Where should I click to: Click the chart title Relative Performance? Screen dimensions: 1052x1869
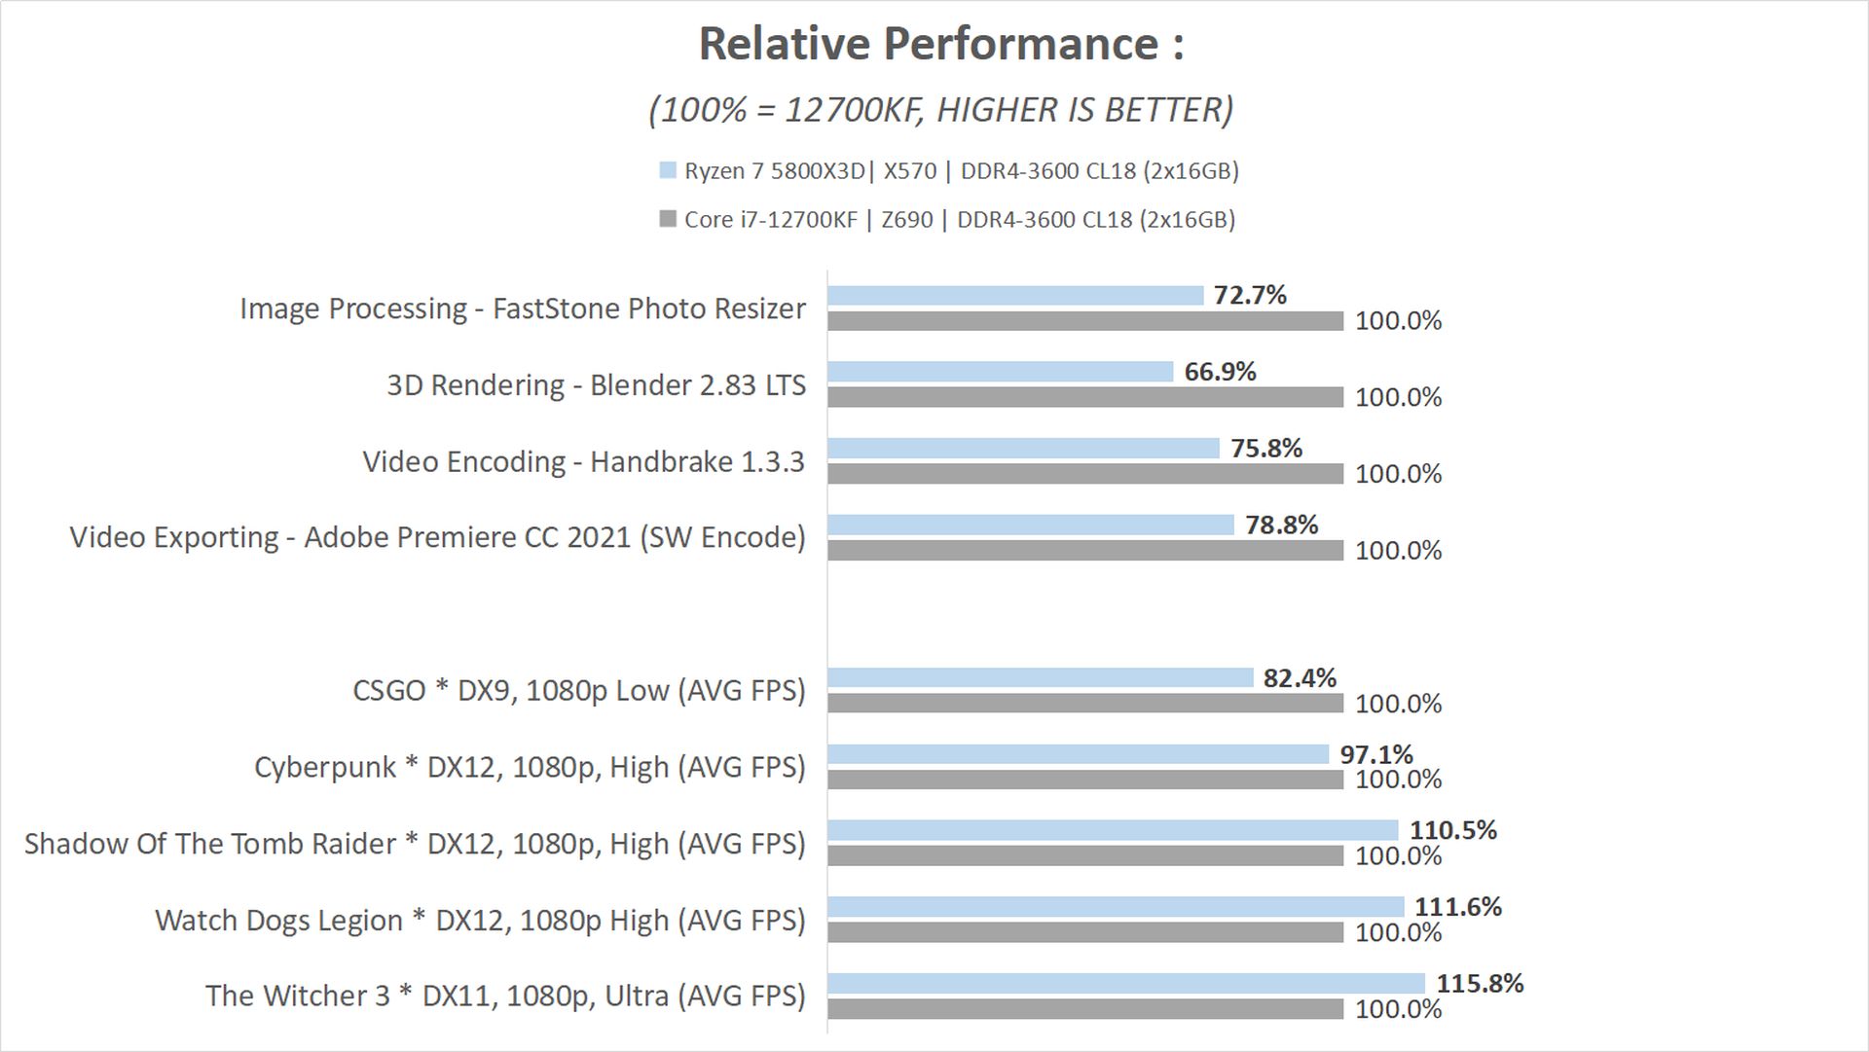tap(941, 45)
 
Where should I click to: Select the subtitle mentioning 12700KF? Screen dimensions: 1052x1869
tap(941, 110)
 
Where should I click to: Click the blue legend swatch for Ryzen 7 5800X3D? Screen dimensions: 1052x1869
tap(668, 170)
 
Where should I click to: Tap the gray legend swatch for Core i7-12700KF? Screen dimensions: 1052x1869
tap(668, 219)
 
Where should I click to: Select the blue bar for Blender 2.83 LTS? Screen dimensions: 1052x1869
tap(1001, 372)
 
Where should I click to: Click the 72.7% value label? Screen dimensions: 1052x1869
tap(1250, 295)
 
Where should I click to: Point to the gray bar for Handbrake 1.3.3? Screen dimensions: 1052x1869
tap(1085, 474)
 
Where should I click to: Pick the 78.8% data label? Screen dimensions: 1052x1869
tap(1281, 525)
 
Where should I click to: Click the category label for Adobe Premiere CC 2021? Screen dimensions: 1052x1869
tap(438, 537)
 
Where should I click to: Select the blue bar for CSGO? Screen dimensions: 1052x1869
tap(1040, 677)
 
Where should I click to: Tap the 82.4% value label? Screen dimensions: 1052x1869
tap(1300, 677)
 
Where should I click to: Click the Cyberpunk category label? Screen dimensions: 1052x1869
tap(531, 767)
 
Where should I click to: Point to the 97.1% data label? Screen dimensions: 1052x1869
tap(1375, 753)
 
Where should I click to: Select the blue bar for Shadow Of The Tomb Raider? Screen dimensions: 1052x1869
tap(1113, 830)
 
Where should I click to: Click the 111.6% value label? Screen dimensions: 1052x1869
tap(1457, 906)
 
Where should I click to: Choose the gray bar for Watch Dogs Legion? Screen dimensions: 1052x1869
tap(1085, 932)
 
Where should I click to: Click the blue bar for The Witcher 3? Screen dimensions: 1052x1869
tap(1126, 983)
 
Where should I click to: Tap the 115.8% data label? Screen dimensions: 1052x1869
tap(1480, 983)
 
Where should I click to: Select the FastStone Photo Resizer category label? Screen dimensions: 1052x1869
tap(523, 308)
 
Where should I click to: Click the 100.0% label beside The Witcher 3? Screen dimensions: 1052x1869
tap(1398, 1009)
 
